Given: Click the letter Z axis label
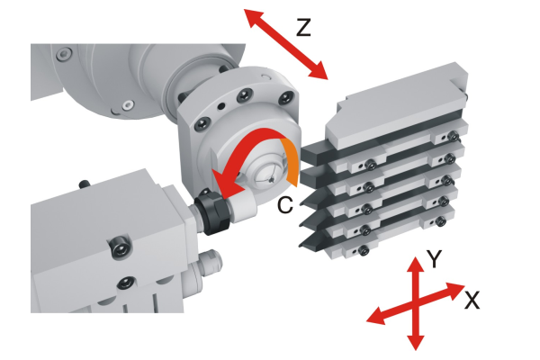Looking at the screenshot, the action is coord(303,28).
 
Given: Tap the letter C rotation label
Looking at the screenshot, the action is coord(285,205).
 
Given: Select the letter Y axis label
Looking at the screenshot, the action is coord(434,258).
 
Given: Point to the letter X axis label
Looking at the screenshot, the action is coord(472,300).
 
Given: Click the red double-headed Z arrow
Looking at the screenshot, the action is coord(286,44).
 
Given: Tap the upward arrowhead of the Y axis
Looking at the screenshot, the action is coord(416,265).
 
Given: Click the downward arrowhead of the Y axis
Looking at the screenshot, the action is coord(416,342).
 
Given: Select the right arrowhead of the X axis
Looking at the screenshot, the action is coord(455,289).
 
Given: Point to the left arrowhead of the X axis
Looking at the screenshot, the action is coord(376,316).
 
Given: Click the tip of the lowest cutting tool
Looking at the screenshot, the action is coord(300,246).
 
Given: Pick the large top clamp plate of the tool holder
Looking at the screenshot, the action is coord(396,105).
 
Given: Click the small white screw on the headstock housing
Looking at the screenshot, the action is coord(129,104).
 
